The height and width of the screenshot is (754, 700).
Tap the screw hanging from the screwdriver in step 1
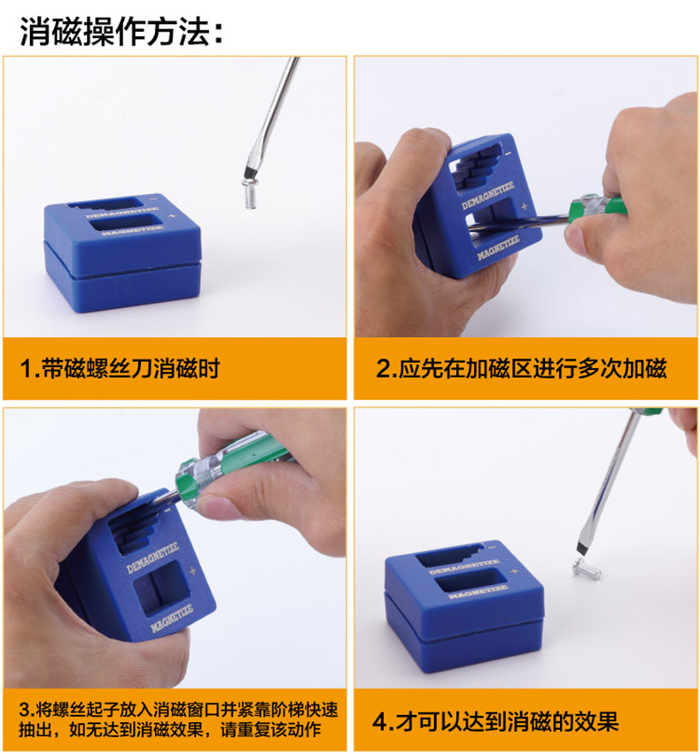pyautogui.click(x=250, y=193)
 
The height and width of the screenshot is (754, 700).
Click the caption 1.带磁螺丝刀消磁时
pyautogui.click(x=120, y=368)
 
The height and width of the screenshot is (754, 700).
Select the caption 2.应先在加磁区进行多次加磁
pyautogui.click(x=521, y=368)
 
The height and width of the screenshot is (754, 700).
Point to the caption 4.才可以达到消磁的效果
pyautogui.click(x=495, y=721)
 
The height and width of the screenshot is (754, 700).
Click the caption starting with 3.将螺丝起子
pyautogui.click(x=179, y=719)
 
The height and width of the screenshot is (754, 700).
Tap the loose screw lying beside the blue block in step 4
pyautogui.click(x=587, y=568)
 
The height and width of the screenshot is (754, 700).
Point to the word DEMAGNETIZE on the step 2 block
pyautogui.click(x=487, y=196)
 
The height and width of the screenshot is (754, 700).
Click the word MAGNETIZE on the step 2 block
pyautogui.click(x=498, y=248)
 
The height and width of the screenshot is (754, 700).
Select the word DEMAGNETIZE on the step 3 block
pyautogui.click(x=152, y=558)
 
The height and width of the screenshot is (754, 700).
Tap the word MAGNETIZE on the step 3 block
pyautogui.click(x=171, y=618)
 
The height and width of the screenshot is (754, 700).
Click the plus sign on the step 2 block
pyautogui.click(x=524, y=206)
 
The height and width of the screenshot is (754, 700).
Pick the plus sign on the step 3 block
pyautogui.click(x=193, y=571)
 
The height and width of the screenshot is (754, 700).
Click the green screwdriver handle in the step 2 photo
pyautogui.click(x=596, y=208)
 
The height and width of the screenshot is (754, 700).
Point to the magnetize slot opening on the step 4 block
pyautogui.click(x=466, y=581)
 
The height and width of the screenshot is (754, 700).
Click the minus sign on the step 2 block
pyautogui.click(x=508, y=154)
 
